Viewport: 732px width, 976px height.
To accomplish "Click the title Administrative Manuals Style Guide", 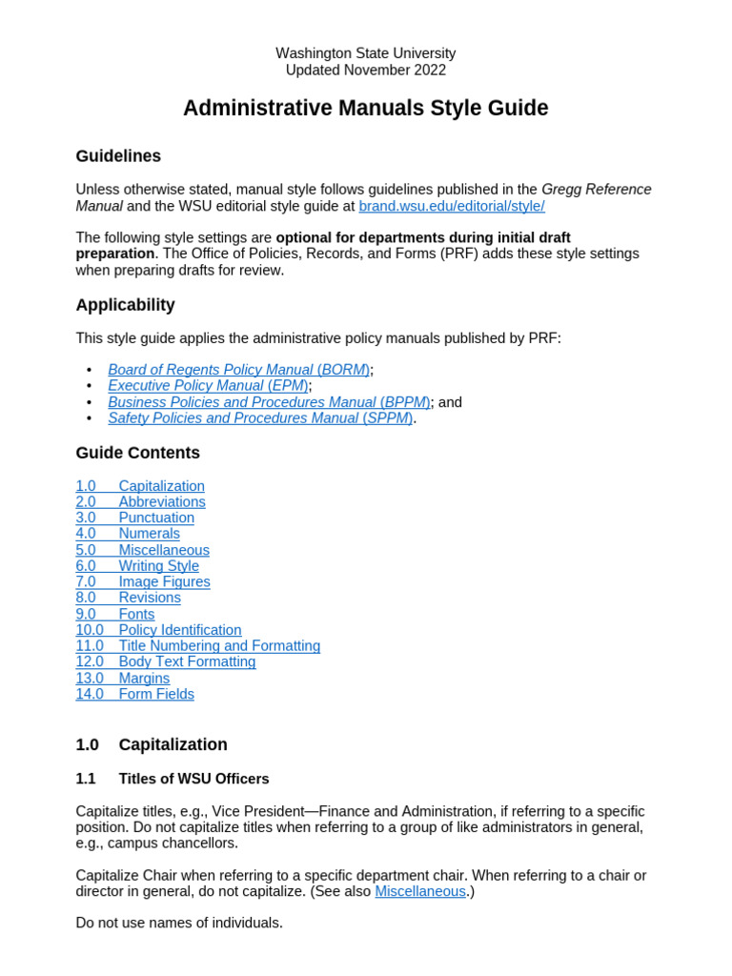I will point(365,109).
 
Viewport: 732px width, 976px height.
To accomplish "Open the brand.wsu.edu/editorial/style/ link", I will point(451,206).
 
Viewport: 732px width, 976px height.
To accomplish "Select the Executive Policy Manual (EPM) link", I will point(208,386).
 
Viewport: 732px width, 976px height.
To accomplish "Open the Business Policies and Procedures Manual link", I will point(269,402).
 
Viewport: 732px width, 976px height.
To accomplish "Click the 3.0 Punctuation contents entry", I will point(134,518).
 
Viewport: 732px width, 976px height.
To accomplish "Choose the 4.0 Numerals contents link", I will point(128,534).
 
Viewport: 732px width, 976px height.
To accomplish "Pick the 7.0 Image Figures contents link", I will point(143,581).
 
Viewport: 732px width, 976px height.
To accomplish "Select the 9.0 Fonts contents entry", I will point(115,614).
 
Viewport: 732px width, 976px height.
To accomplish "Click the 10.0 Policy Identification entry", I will point(158,630).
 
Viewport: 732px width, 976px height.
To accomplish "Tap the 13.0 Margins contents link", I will point(123,678).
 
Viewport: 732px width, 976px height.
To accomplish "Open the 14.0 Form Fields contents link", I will point(134,694).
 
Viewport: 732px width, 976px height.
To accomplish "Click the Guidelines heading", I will point(118,156).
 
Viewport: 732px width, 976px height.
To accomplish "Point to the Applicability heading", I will point(125,305).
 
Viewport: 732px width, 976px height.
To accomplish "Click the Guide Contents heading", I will point(137,453).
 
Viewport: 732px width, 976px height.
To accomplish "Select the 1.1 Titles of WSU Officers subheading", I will point(173,779).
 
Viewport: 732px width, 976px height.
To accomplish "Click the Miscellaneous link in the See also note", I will point(420,891).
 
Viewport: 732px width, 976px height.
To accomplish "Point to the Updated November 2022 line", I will point(365,70).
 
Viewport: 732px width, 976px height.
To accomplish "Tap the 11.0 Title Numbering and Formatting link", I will point(198,645).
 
